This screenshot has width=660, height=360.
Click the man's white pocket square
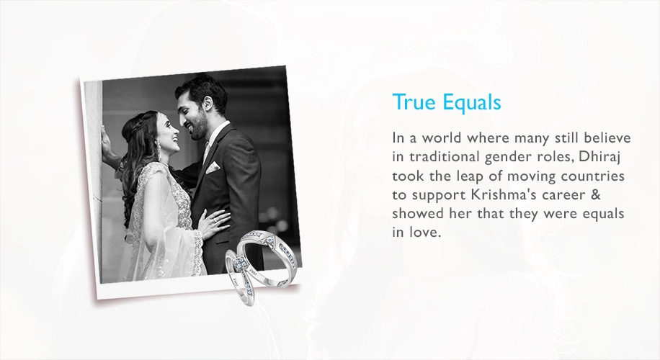click(x=213, y=166)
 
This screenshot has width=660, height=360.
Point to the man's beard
click(x=199, y=128)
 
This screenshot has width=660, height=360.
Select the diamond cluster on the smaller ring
click(x=241, y=264)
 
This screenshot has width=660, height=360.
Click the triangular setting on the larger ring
click(x=268, y=241)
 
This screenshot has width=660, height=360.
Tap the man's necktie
click(x=206, y=154)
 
